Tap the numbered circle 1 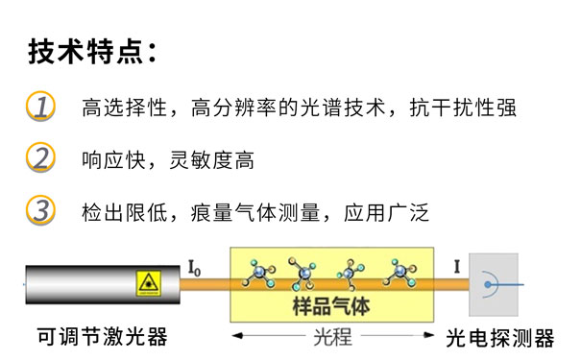[40, 106]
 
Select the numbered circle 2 [40, 157]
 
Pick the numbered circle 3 [40, 209]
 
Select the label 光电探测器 [499, 337]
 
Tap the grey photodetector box [493, 283]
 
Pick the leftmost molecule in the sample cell [256, 275]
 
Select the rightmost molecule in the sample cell [400, 274]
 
